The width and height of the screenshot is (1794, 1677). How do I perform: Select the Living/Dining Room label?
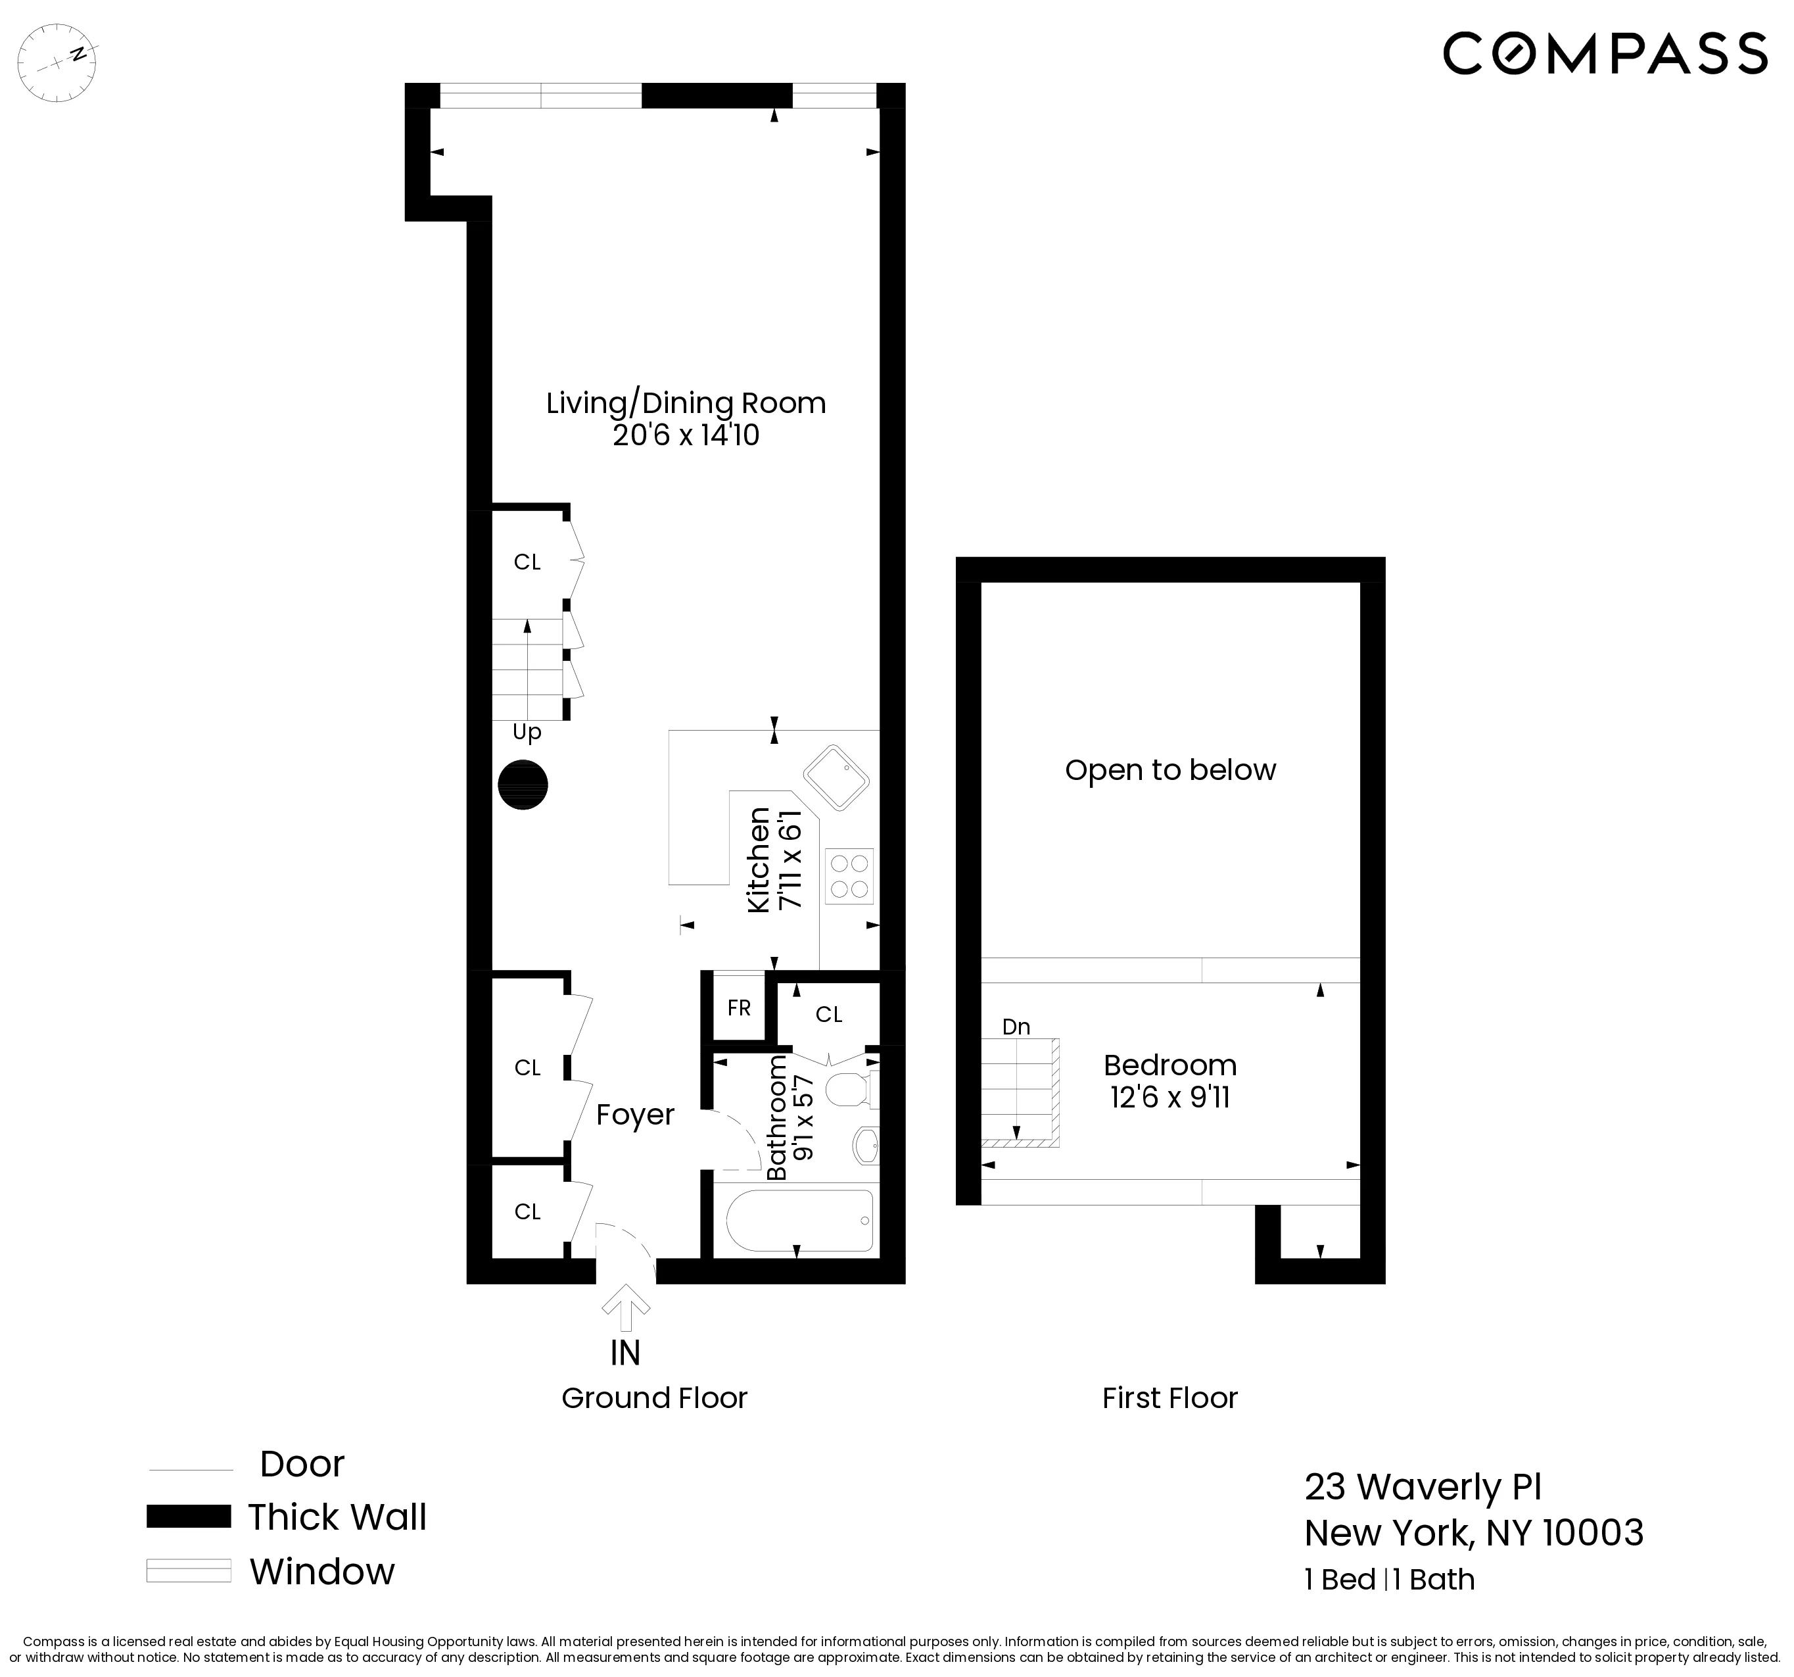[x=686, y=402]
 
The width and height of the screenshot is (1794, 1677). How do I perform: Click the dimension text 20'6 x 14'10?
[x=686, y=435]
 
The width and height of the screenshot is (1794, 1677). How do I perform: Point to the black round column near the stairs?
[x=523, y=785]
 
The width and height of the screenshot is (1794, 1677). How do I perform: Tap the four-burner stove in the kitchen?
[x=849, y=875]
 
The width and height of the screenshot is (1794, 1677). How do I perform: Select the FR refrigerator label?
[x=739, y=1008]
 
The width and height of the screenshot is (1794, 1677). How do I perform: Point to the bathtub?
[x=799, y=1221]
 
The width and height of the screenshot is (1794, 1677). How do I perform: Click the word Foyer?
[x=635, y=1115]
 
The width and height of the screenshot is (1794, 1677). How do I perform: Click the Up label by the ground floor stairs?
[x=527, y=732]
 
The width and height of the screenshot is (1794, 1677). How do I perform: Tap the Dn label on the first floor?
[x=1016, y=1026]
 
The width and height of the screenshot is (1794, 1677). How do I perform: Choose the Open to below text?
[x=1170, y=770]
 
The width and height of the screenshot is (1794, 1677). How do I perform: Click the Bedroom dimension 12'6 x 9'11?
[x=1170, y=1098]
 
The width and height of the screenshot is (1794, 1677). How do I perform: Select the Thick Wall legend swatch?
[x=189, y=1517]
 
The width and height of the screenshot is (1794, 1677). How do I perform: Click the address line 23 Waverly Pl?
[x=1423, y=1486]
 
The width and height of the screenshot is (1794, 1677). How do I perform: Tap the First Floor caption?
[x=1169, y=1398]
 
